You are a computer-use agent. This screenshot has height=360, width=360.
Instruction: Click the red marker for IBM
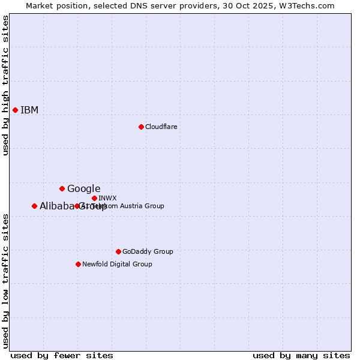(x=15, y=110)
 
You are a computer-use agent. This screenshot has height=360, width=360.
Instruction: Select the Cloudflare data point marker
(x=141, y=127)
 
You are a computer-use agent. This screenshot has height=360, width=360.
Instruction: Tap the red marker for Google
(x=62, y=188)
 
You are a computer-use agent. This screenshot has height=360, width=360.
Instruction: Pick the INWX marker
(x=94, y=198)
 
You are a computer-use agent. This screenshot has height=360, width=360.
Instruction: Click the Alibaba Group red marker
(x=34, y=206)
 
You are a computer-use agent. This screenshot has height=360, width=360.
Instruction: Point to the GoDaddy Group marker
(x=118, y=251)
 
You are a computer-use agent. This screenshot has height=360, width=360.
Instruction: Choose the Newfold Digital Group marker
(x=78, y=264)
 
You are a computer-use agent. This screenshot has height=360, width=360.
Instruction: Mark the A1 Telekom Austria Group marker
(x=77, y=206)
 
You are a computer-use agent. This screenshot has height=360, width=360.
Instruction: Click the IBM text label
(x=29, y=110)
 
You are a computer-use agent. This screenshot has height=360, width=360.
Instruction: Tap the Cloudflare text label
(x=161, y=127)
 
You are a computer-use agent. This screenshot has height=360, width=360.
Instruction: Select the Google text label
(x=83, y=188)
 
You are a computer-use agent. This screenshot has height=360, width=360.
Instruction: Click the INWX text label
(x=107, y=198)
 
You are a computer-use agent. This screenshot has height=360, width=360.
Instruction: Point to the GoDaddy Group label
(x=148, y=251)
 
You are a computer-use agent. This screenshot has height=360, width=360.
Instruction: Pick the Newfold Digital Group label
(x=117, y=264)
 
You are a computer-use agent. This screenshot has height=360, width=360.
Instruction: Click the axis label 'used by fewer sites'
(x=62, y=355)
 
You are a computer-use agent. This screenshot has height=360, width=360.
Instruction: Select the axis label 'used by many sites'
(x=301, y=355)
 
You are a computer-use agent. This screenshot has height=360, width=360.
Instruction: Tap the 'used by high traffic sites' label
(x=5, y=85)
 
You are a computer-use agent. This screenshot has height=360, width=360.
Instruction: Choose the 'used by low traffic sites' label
(x=5, y=281)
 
